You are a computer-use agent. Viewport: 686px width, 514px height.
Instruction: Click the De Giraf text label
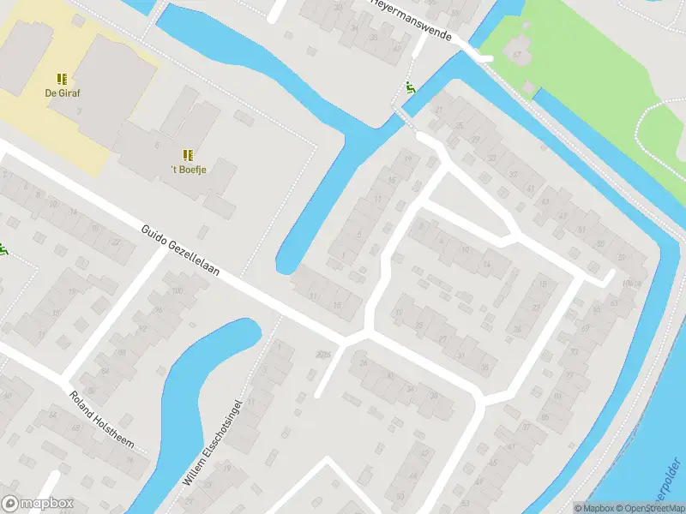click(x=63, y=93)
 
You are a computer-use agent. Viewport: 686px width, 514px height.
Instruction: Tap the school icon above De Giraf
click(x=63, y=79)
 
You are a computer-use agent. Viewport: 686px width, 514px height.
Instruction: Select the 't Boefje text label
click(x=189, y=170)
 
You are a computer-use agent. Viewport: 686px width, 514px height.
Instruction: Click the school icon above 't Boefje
click(x=188, y=155)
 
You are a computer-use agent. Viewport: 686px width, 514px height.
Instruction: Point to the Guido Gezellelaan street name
click(x=181, y=252)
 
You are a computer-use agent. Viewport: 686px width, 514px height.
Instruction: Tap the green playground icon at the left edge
click(x=3, y=250)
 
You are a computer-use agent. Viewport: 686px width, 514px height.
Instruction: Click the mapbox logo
click(x=38, y=504)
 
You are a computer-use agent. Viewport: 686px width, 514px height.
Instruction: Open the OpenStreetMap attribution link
click(x=648, y=508)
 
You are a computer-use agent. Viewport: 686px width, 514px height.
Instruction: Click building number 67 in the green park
click(x=517, y=55)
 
